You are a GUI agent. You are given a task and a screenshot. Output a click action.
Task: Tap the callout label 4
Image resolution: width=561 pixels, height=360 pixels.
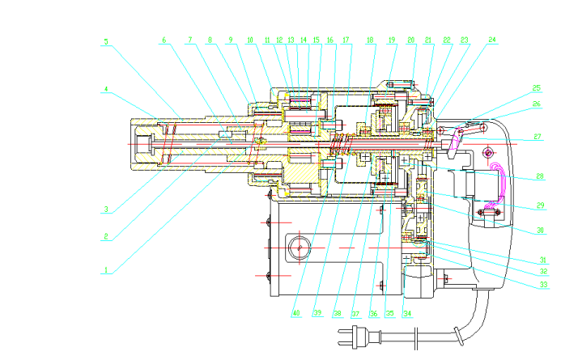pos(105,91)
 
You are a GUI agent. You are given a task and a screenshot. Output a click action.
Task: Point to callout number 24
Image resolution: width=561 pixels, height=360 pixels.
pos(492,40)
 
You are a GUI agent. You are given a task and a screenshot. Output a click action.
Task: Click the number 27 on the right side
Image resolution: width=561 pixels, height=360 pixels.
pos(538,137)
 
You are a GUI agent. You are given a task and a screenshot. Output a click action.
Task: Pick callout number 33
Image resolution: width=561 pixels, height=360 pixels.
pos(544,285)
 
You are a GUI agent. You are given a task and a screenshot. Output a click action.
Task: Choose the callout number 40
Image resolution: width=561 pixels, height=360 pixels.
pos(295,312)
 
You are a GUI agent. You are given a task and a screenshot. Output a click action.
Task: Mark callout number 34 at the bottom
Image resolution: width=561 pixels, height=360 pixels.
pos(406,312)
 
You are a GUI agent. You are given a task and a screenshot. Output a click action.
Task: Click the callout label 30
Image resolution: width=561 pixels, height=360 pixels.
pos(541,231)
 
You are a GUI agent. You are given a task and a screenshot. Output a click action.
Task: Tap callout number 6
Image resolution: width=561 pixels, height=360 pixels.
pos(164,40)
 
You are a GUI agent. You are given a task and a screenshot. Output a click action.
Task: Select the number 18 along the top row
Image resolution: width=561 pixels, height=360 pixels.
pos(370,40)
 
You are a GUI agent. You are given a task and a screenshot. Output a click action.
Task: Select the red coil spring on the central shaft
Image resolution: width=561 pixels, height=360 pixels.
pos(342,144)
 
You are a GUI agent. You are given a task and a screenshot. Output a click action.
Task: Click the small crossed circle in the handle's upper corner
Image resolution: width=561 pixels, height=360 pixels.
pos(488,152)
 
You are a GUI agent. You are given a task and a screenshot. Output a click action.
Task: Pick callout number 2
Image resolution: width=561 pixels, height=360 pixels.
pos(105,237)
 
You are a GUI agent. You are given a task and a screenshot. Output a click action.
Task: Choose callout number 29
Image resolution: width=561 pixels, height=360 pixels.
pos(541,206)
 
